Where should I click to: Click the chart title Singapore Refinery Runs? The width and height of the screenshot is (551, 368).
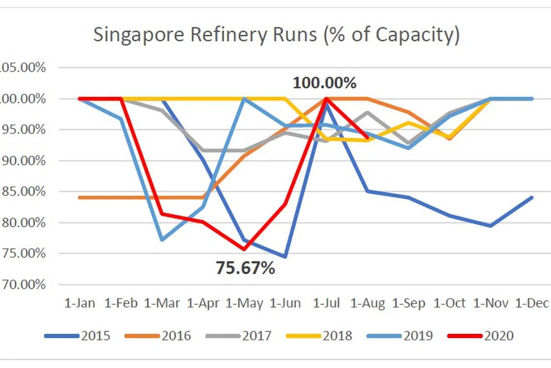coord(276,35)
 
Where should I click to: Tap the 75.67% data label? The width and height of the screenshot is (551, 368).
coord(245,268)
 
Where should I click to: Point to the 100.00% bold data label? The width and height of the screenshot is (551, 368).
coord(324,83)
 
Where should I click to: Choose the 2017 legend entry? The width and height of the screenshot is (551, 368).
coord(257,336)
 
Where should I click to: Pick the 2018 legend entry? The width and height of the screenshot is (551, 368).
coord(337,336)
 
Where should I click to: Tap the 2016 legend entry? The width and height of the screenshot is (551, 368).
coord(176,336)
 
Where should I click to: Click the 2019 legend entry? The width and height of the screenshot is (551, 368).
coord(418,336)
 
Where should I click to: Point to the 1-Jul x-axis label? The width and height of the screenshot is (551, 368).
coord(327,304)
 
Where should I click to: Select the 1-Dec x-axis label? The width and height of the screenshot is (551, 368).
coord(532,304)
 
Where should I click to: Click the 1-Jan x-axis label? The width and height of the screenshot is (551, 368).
coord(80,304)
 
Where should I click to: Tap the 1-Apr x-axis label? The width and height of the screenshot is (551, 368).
coord(203,304)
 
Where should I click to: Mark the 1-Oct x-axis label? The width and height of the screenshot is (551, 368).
coord(450,304)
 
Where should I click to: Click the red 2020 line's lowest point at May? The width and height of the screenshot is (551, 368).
coord(244,249)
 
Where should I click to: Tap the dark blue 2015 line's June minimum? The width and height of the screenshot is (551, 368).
coord(285,257)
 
